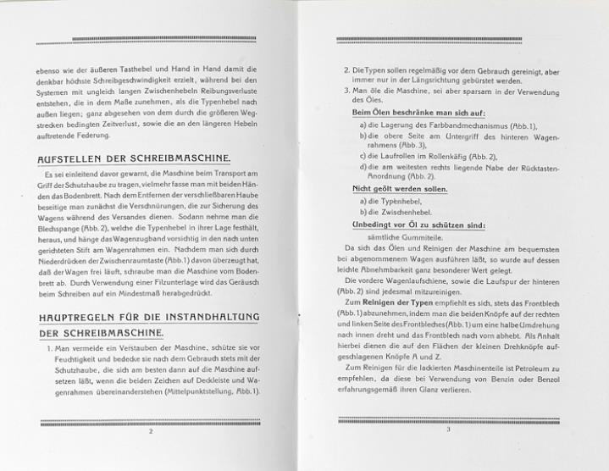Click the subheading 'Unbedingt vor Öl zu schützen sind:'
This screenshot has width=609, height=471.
407,224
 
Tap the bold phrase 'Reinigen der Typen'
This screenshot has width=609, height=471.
401,302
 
